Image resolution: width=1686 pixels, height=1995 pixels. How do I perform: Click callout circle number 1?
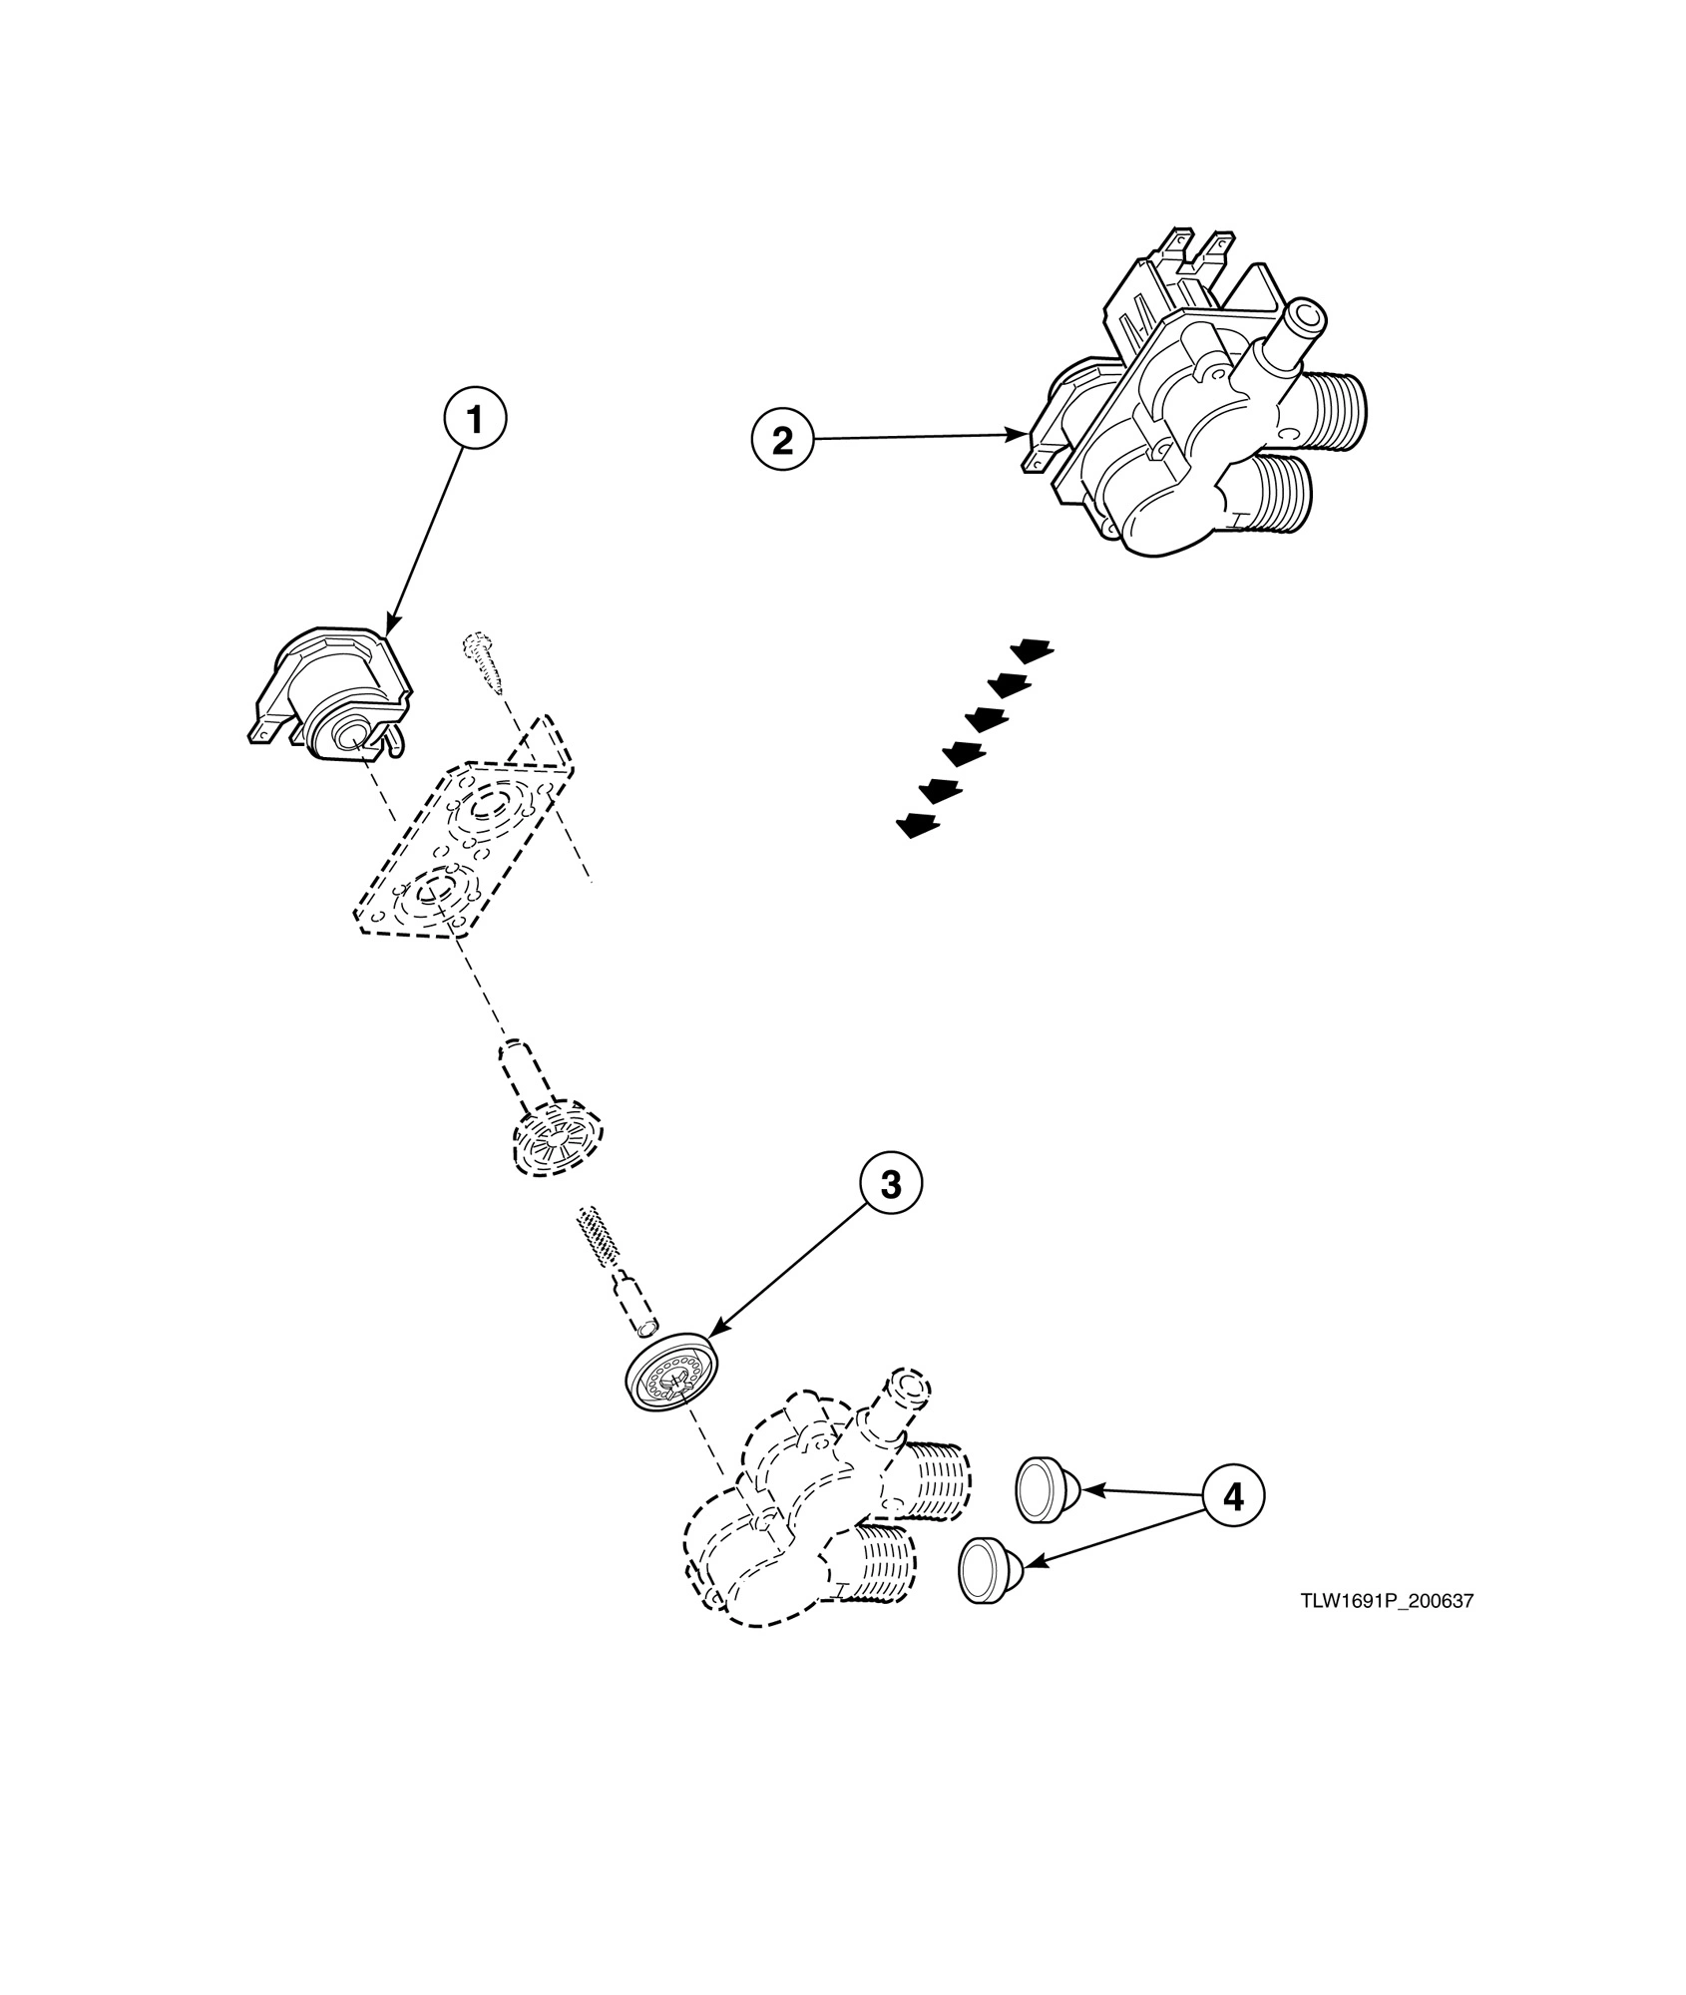click(x=475, y=420)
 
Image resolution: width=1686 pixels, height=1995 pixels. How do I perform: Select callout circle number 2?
click(x=783, y=439)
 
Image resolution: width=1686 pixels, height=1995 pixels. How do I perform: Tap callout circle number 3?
click(x=891, y=1184)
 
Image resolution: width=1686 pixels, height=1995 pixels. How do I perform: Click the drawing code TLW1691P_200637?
click(x=1386, y=1602)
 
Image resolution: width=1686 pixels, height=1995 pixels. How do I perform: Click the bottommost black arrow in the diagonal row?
click(x=919, y=824)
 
